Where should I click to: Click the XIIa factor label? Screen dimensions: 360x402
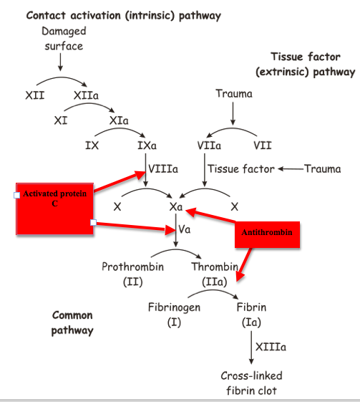[86, 95]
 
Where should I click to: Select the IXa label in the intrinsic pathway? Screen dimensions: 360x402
[147, 145]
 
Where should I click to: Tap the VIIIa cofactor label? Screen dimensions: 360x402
[163, 168]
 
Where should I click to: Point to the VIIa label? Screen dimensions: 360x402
[209, 145]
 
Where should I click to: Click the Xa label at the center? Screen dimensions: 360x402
[176, 206]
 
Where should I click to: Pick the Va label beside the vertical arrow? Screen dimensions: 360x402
[185, 229]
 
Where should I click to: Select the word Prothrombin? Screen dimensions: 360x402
[133, 267]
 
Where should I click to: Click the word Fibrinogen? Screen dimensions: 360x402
[174, 307]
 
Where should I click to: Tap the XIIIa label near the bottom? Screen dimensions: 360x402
[271, 347]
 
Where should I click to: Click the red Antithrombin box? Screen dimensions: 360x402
[267, 234]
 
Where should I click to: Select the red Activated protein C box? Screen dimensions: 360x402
[55, 209]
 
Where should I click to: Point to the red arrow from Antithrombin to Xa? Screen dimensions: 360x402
[210, 216]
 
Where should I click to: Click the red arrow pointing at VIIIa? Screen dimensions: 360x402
[120, 181]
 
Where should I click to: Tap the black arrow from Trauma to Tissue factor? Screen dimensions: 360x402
[291, 168]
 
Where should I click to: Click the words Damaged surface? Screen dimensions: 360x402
[64, 39]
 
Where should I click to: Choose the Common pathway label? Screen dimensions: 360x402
[72, 322]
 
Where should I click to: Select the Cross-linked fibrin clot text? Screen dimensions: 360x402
[251, 383]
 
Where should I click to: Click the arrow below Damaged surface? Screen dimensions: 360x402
[60, 62]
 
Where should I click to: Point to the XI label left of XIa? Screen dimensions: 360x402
[61, 120]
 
